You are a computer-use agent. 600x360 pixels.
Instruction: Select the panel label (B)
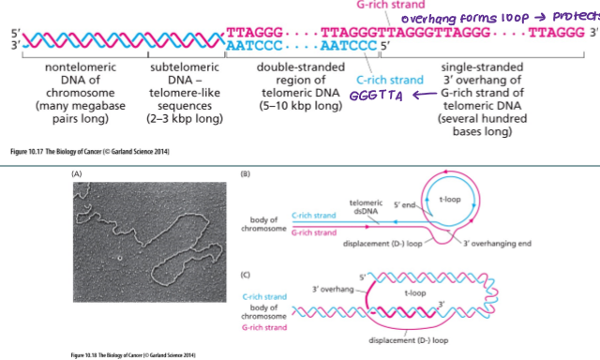[245, 174]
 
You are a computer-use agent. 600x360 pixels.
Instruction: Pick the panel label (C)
[245, 273]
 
